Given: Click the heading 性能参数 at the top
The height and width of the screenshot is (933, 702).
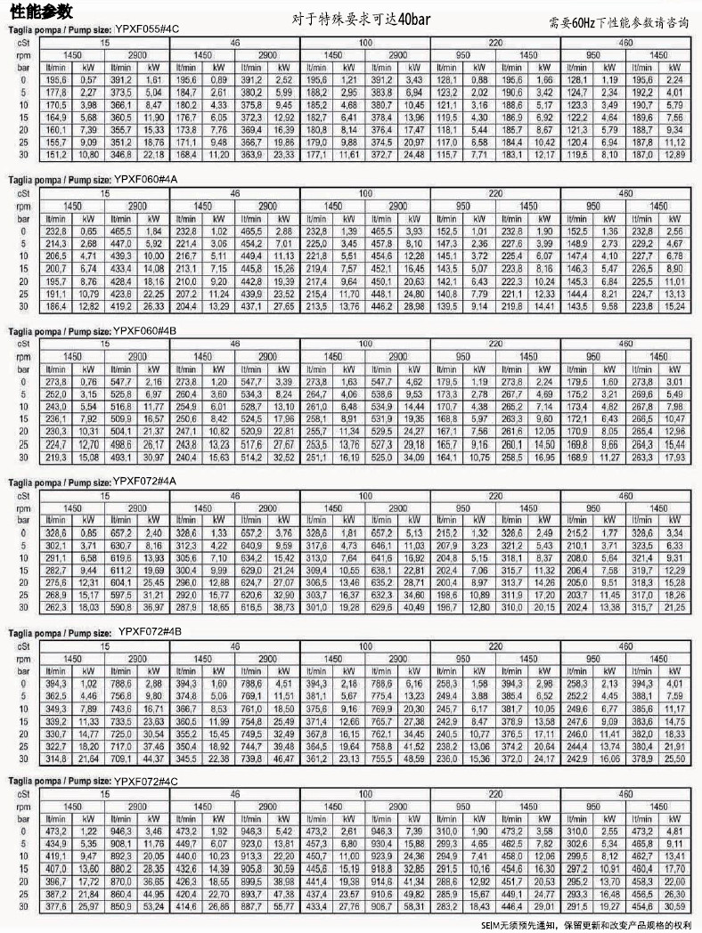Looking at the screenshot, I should click(x=37, y=12).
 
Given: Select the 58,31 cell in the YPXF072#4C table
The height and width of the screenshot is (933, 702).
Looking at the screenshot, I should click(x=413, y=905).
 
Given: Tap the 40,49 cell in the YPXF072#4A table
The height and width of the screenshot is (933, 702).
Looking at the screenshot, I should click(x=413, y=607).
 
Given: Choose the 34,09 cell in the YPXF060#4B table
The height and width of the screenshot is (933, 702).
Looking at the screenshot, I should click(x=413, y=457).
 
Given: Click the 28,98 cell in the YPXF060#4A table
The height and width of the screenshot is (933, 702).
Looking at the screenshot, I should click(x=413, y=306).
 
